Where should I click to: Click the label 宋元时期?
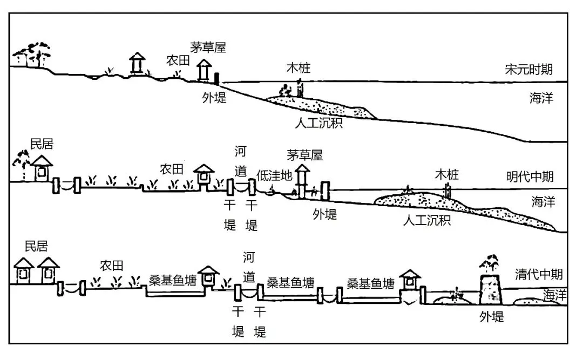pyautogui.click(x=528, y=70)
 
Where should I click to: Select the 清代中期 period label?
pyautogui.click(x=538, y=274)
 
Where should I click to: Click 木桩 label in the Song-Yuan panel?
pyautogui.click(x=299, y=68)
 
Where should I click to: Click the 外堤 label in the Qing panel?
pyautogui.click(x=491, y=316)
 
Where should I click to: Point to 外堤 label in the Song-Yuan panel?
pyautogui.click(x=214, y=98)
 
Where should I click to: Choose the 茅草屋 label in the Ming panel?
pyautogui.click(x=305, y=155)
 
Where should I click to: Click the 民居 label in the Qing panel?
pyautogui.click(x=37, y=247)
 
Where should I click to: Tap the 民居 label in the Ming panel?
pyautogui.click(x=42, y=144)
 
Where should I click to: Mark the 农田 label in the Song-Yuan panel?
pyautogui.click(x=178, y=60)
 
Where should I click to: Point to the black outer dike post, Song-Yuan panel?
pyautogui.click(x=217, y=79)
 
